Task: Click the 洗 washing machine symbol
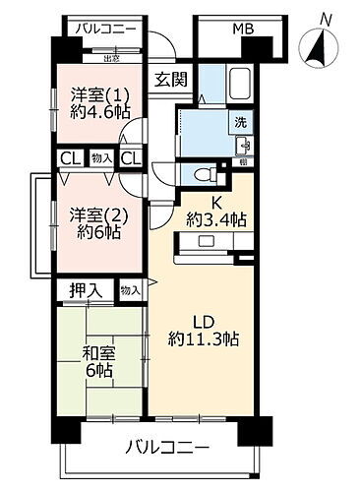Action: pyautogui.click(x=239, y=123)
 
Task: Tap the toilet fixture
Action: pyautogui.click(x=203, y=174)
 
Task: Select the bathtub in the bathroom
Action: pyautogui.click(x=241, y=89)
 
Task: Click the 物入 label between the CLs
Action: pyautogui.click(x=100, y=157)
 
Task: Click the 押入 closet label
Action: pyautogui.click(x=85, y=290)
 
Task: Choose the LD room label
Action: pyautogui.click(x=203, y=321)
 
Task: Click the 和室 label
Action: pyautogui.click(x=95, y=354)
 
